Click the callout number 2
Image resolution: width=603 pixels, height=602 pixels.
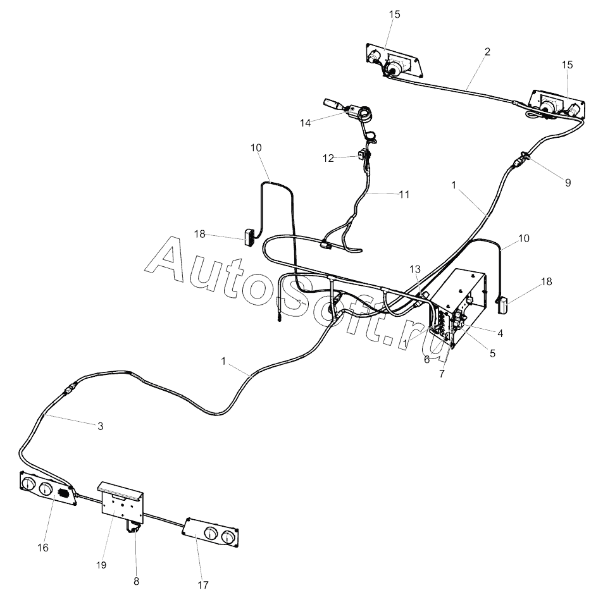pos(487,52)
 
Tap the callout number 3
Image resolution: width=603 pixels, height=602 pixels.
pos(100,426)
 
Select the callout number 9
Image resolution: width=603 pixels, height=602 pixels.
pos(568,183)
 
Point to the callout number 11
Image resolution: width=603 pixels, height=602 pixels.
pos(404,194)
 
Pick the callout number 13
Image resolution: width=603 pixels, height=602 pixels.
pos(414,269)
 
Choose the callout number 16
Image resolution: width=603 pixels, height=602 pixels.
pos(43,547)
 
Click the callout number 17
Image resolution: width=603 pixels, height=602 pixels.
pos(202,585)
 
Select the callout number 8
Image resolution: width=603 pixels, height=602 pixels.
pos(137,580)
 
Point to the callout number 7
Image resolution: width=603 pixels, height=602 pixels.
pos(442,374)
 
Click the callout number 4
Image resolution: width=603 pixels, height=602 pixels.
pos(500,332)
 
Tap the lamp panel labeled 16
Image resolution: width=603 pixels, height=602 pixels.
pos(47,489)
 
